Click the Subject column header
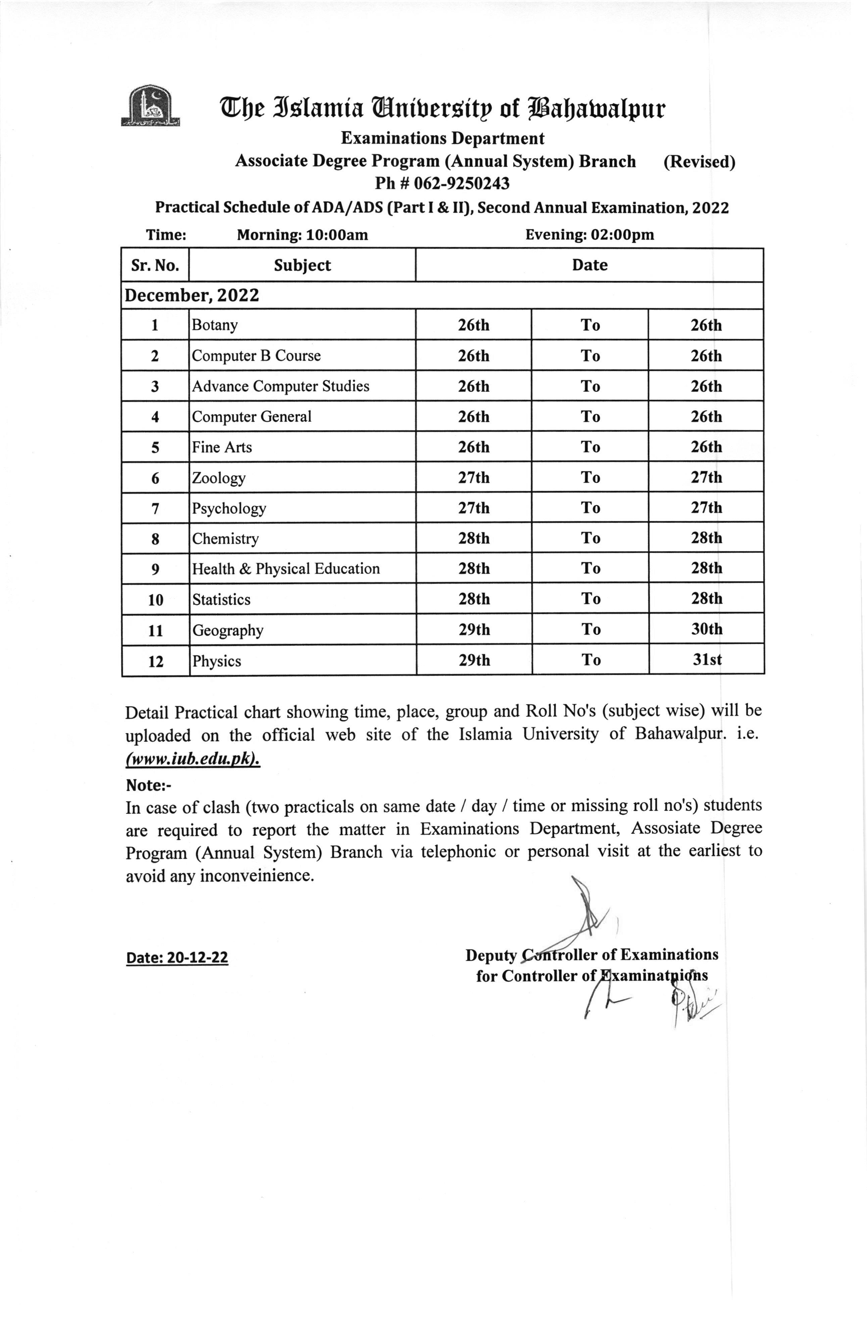click(x=302, y=266)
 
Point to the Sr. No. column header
click(x=155, y=266)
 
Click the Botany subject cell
click(x=215, y=325)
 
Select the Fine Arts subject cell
click(x=222, y=447)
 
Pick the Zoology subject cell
click(x=219, y=477)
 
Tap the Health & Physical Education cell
click(x=286, y=569)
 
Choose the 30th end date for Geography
click(x=707, y=629)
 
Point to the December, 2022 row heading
click(x=191, y=295)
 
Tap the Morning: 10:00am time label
click(x=302, y=235)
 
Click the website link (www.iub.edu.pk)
click(x=193, y=759)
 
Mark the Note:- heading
click(x=149, y=785)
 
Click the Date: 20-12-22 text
click(x=177, y=958)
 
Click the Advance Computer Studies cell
click(x=281, y=386)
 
